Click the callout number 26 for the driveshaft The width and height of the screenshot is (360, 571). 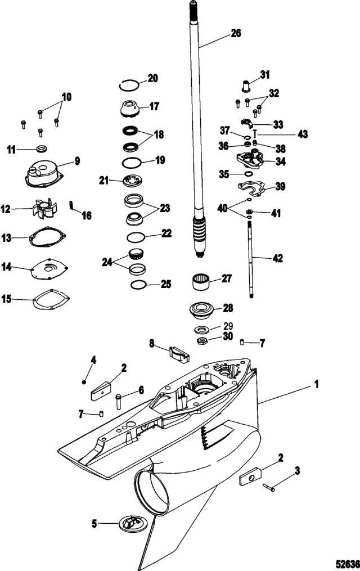tap(236, 33)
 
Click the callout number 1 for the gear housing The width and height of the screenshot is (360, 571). tap(316, 385)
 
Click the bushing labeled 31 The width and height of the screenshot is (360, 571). tap(246, 86)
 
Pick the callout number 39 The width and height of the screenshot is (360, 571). tap(280, 186)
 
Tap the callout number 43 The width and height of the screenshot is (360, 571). tap(303, 135)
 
